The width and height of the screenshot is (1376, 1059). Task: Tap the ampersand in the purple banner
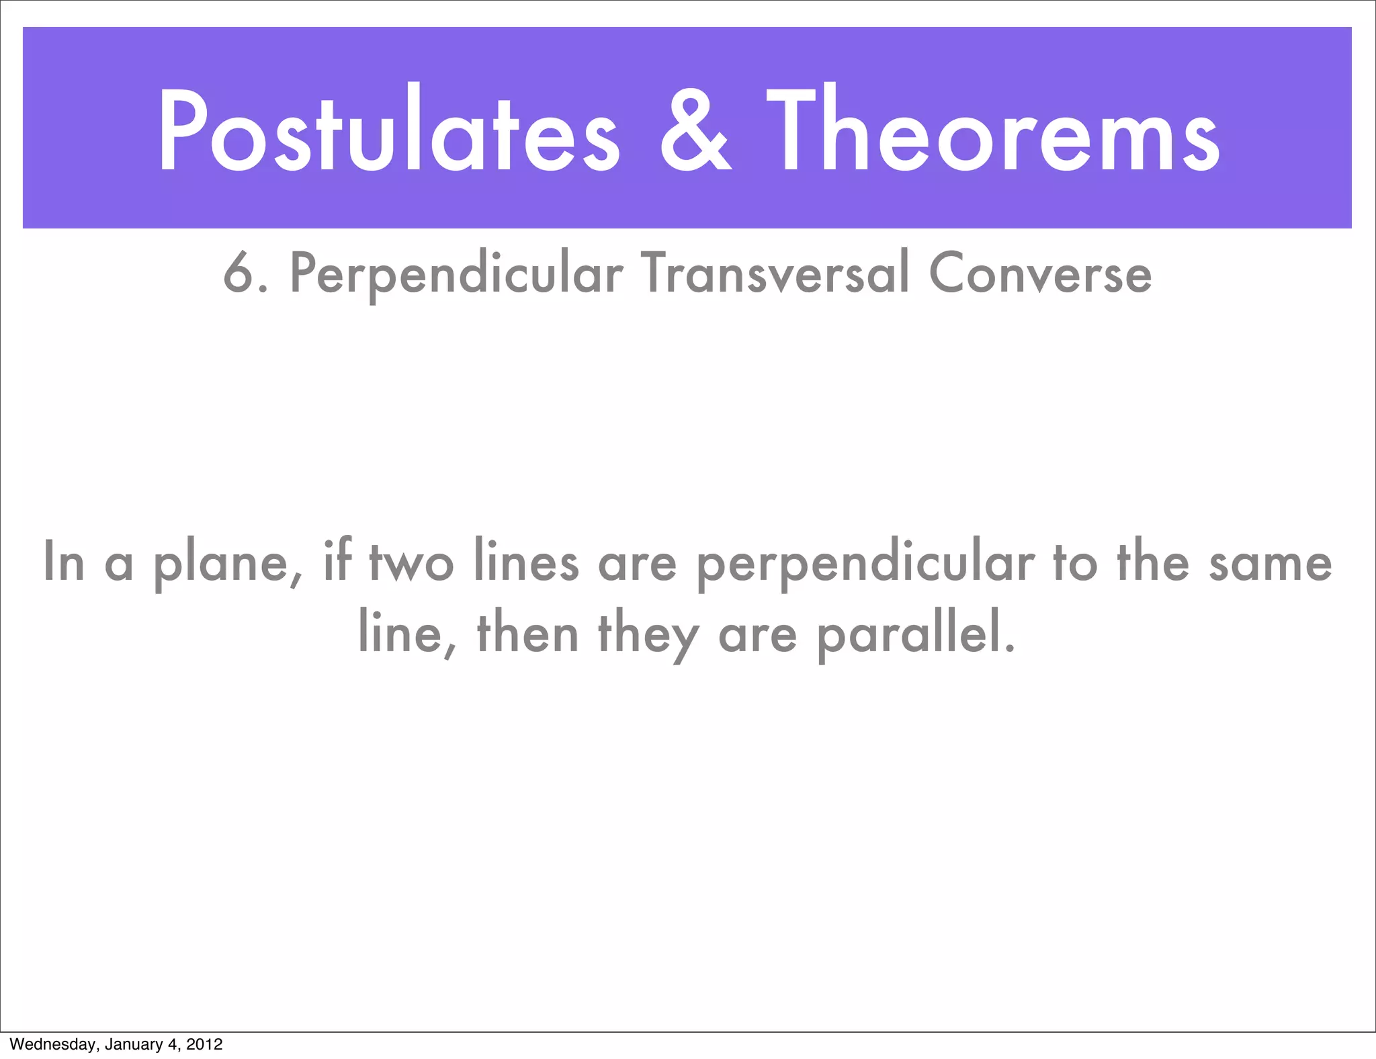click(695, 130)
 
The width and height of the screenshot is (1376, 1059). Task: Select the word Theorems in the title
click(993, 130)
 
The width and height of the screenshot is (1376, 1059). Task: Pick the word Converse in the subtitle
click(1040, 273)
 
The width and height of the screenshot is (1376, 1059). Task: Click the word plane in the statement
click(227, 563)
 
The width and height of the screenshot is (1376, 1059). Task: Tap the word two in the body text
click(411, 563)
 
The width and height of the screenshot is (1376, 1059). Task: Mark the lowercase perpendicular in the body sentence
click(865, 563)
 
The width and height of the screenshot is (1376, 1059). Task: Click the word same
click(1270, 563)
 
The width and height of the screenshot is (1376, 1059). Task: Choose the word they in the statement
click(648, 634)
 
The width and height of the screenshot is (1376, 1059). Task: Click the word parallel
click(915, 634)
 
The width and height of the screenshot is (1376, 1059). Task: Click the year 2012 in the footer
click(204, 1044)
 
